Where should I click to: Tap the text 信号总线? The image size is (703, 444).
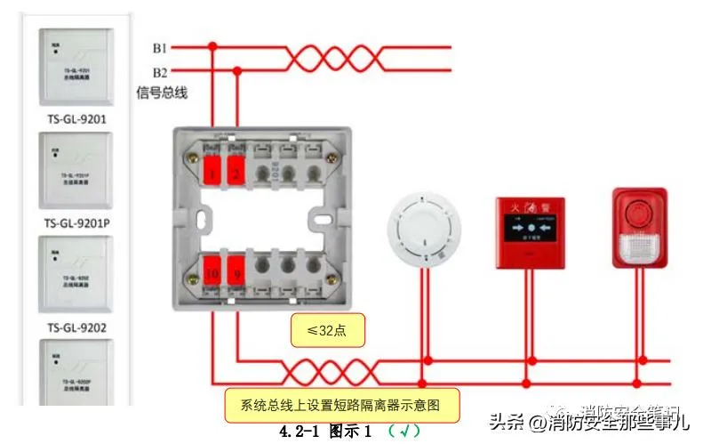[x=161, y=92]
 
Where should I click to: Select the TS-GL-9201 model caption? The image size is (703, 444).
[x=76, y=117]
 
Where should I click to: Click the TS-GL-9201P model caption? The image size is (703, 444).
[x=76, y=222]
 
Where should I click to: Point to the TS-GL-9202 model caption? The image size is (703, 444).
[x=76, y=327]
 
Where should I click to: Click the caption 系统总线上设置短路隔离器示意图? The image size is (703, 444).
[x=340, y=405]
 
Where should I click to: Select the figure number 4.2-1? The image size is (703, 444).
[x=300, y=432]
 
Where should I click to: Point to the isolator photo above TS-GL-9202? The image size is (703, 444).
[x=76, y=275]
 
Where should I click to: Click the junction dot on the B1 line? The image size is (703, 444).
[x=212, y=46]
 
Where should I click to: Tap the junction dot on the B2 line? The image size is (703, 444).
[x=237, y=72]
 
